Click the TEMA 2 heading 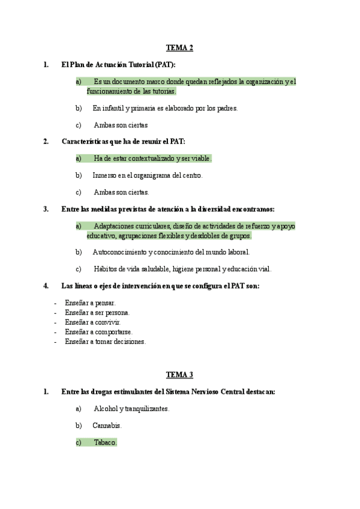pos(179,48)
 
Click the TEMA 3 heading pos(179,375)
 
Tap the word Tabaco pos(104,442)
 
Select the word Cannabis pos(107,426)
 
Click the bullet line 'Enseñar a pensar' pos(90,303)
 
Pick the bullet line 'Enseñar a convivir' pos(92,322)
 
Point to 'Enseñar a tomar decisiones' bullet pos(105,342)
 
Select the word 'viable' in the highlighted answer pos(200,158)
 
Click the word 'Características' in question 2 pos(86,142)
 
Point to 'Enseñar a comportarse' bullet pos(98,332)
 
